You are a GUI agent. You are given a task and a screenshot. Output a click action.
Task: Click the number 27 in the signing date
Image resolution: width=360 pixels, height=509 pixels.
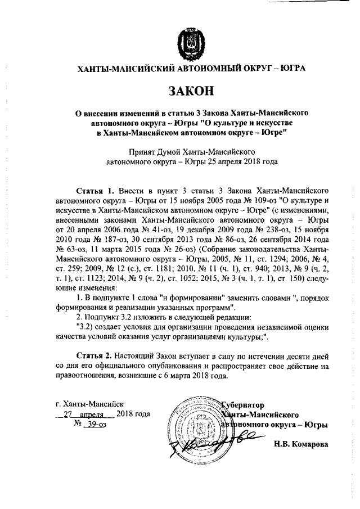click(x=68, y=415)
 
